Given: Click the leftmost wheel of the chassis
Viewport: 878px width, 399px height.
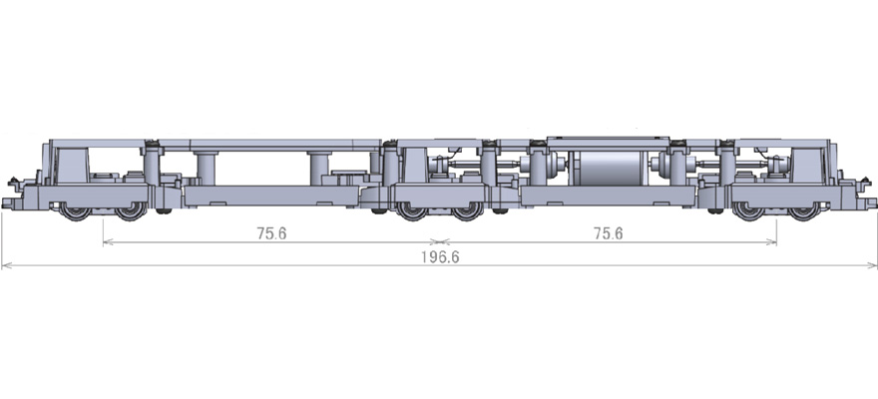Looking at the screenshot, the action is [75, 211].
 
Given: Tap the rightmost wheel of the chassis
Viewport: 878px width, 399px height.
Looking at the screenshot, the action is [803, 211].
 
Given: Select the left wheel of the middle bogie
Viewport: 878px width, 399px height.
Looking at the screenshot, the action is [411, 211].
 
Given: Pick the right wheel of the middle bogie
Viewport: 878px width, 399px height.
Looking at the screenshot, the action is [468, 211].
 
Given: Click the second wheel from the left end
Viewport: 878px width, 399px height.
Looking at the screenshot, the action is [131, 211].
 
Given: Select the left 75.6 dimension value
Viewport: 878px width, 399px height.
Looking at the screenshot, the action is [271, 233].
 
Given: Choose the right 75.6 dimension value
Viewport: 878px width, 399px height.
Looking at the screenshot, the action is [608, 233].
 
